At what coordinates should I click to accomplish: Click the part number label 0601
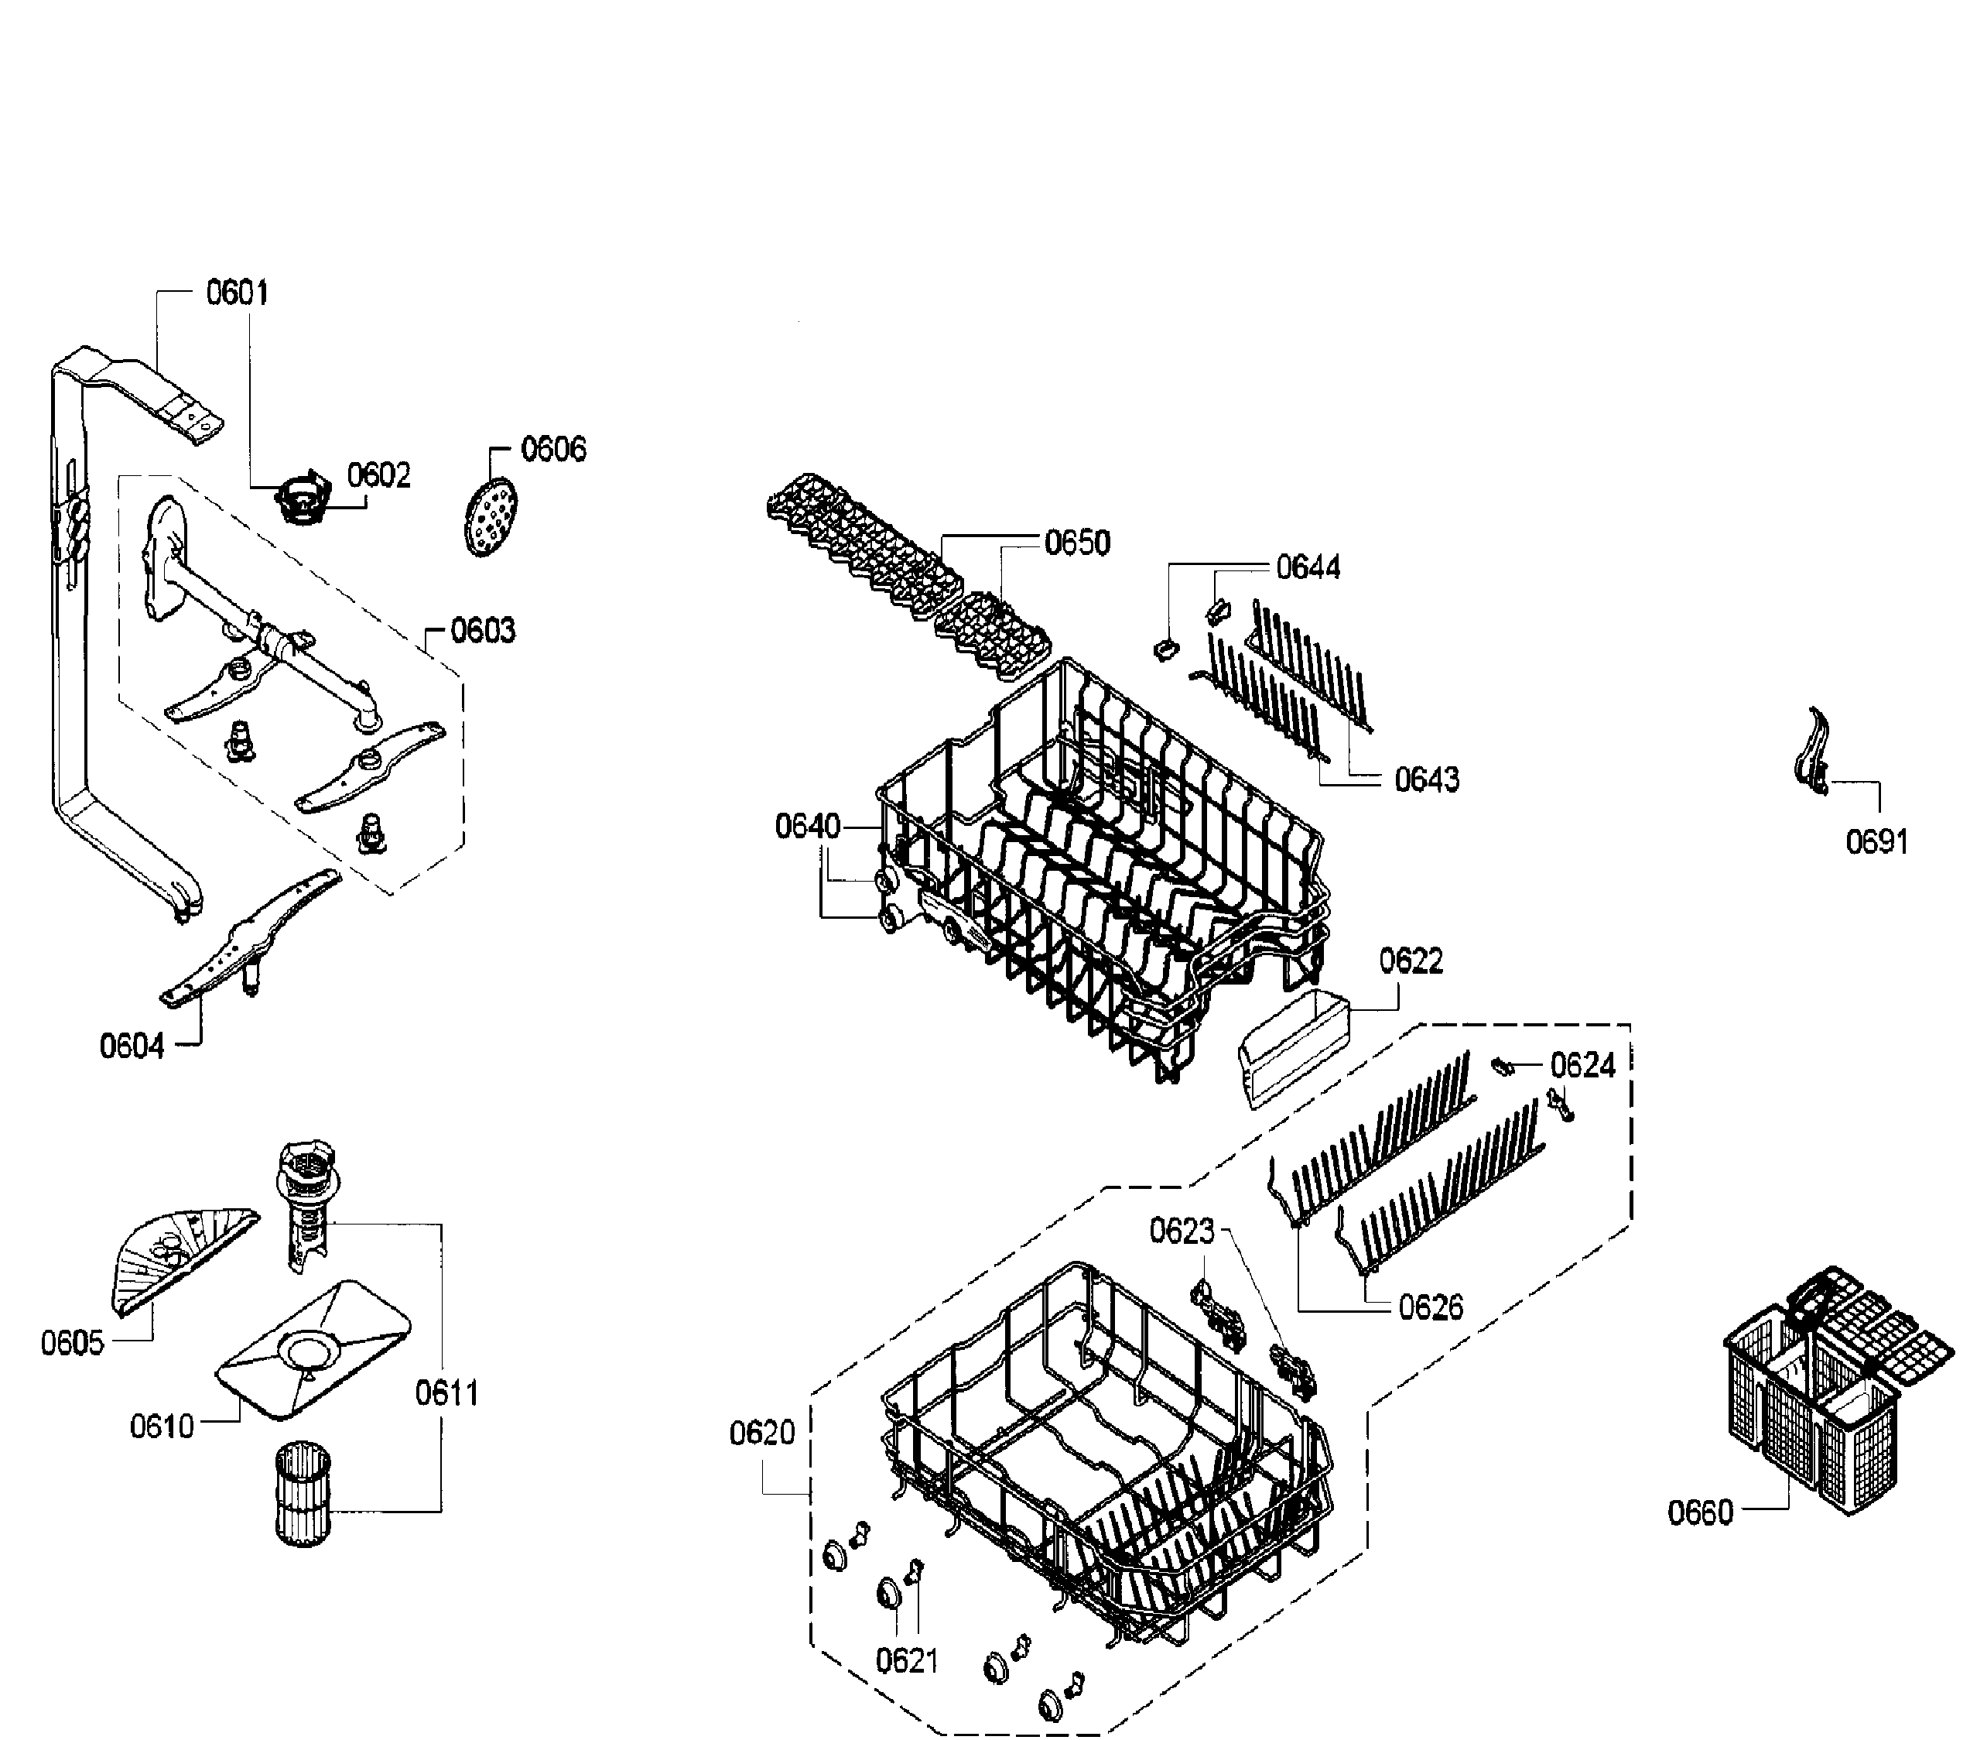pos(237,292)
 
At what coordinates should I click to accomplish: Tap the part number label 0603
pos(483,631)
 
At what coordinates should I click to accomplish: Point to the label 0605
pos(71,1343)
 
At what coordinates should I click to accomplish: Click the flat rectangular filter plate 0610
pos(311,1351)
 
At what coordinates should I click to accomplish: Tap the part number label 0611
pos(446,1393)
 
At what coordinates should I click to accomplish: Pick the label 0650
pos(1078,543)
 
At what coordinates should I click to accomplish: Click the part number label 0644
pos(1308,568)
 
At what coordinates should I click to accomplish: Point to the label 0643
pos(1426,779)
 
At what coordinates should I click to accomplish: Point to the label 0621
pos(906,1660)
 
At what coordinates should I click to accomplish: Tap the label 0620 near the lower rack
pos(761,1433)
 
